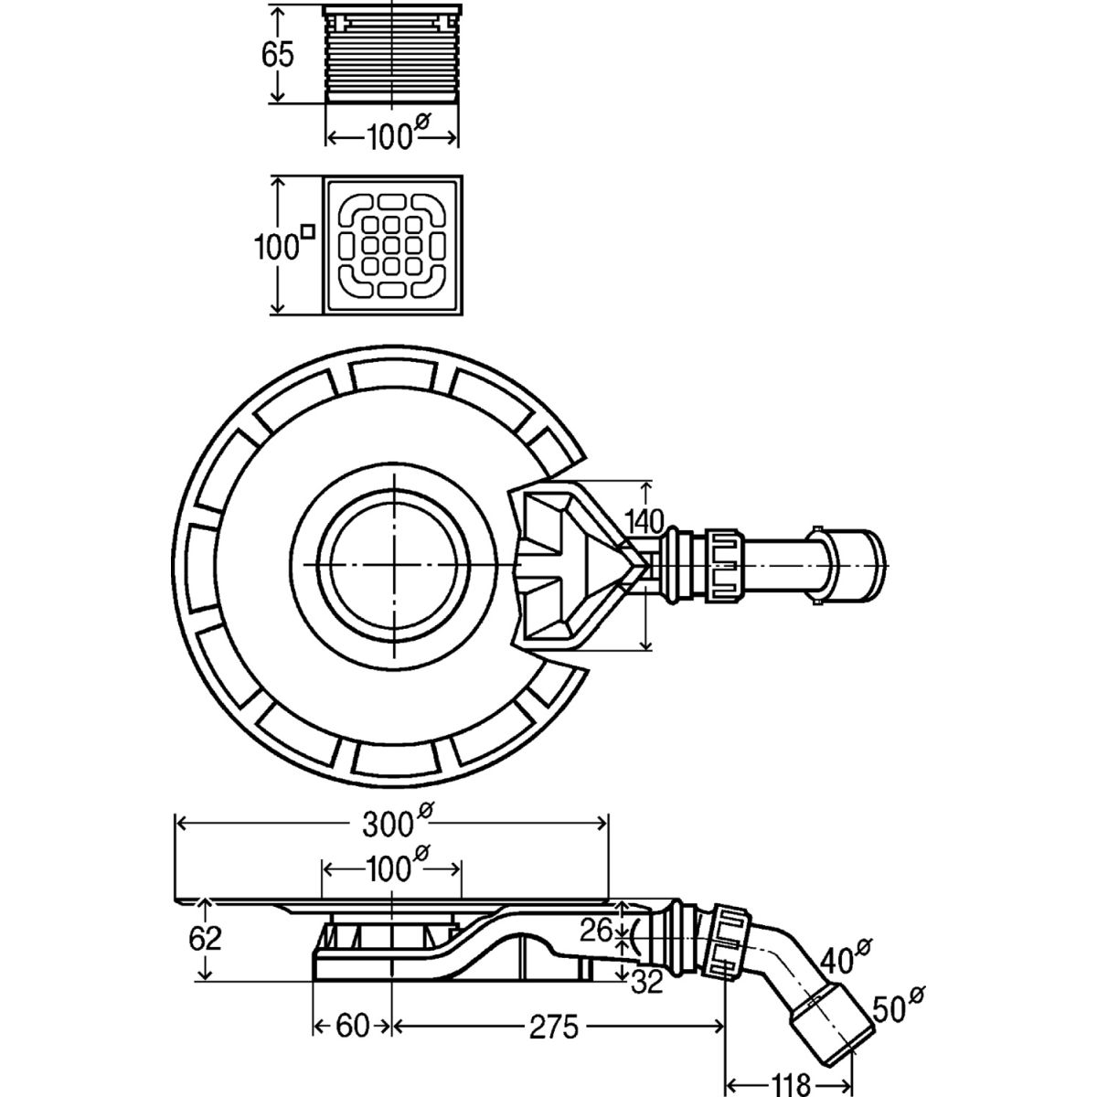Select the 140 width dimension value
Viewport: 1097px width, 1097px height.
pos(644,522)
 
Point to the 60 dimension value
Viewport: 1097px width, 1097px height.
pos(351,1028)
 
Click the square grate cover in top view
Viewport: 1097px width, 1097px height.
pos(393,247)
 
